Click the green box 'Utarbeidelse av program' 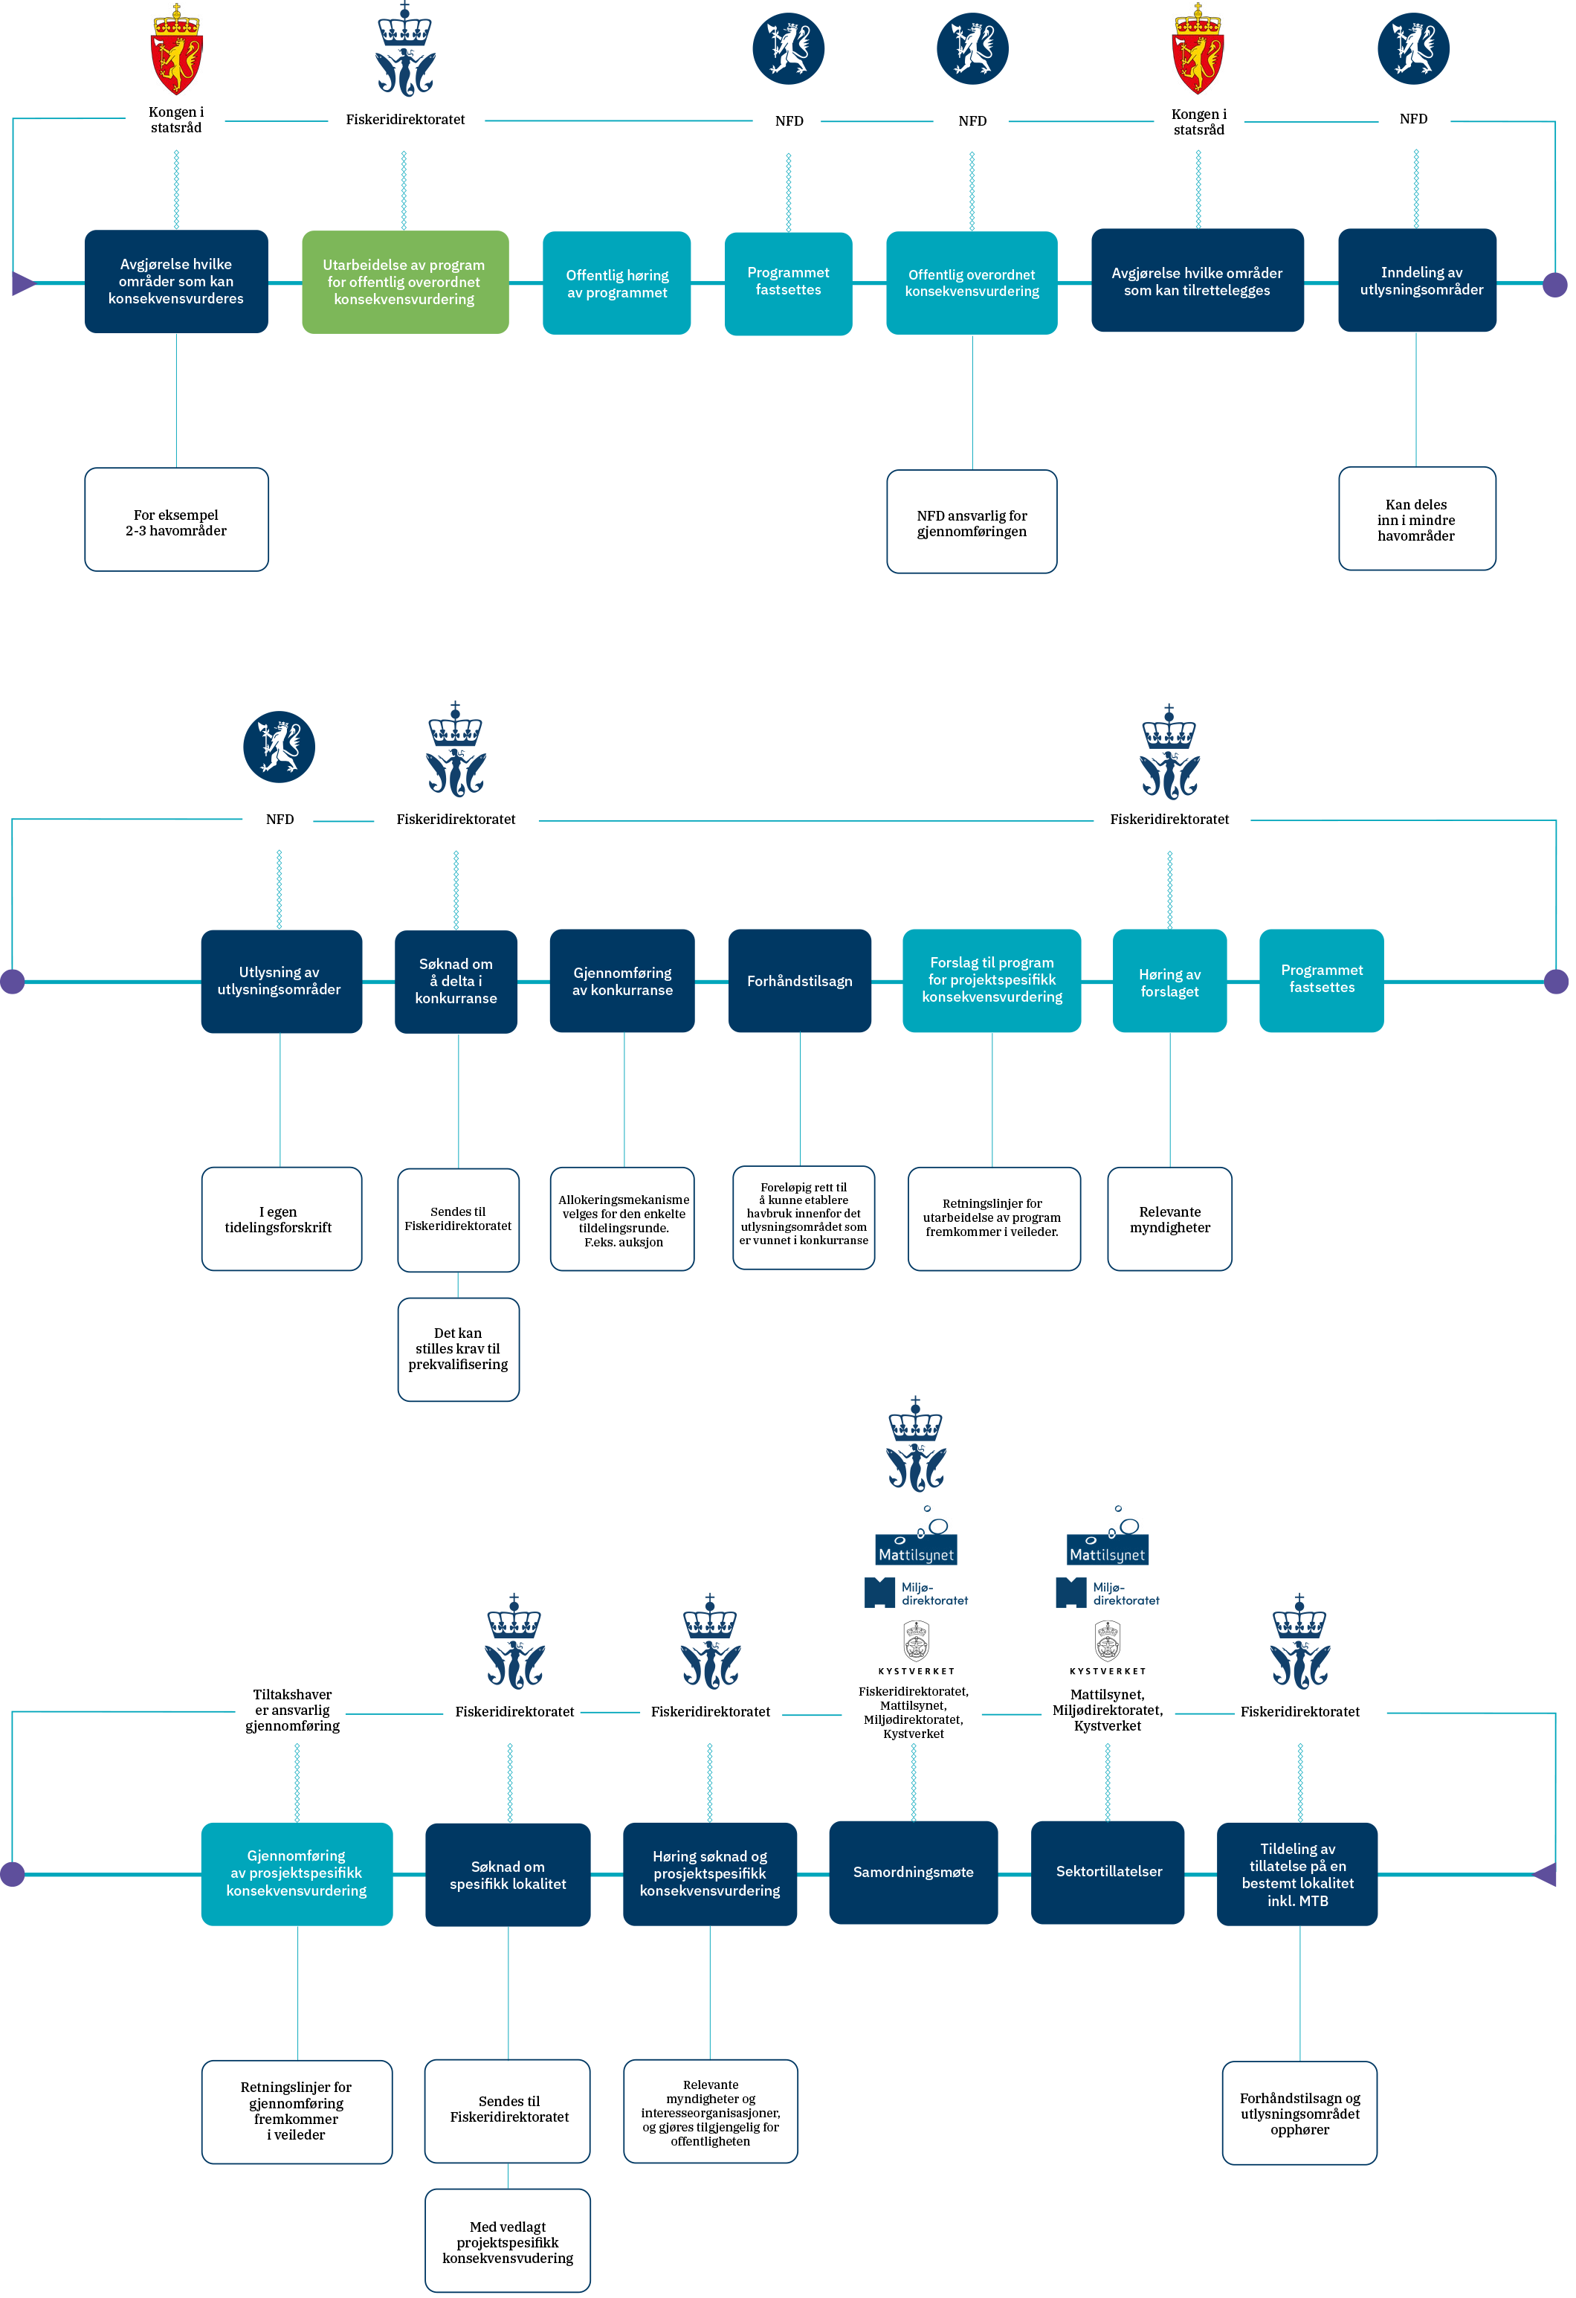pos(405,283)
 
